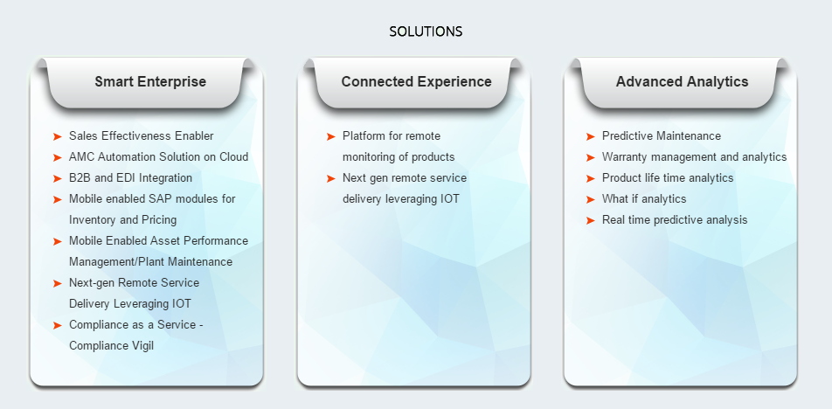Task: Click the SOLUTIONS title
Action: tap(426, 31)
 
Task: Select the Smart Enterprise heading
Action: tap(150, 81)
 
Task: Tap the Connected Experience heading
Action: tap(417, 81)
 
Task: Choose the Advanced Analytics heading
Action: tap(682, 81)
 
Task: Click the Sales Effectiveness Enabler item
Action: tap(142, 136)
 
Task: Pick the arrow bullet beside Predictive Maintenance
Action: tap(591, 137)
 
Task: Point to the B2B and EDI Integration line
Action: tap(130, 178)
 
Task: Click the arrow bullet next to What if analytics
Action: tap(591, 199)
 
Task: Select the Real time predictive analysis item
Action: tap(675, 220)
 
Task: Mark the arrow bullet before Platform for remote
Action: tap(331, 137)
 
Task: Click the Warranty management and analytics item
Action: tap(694, 157)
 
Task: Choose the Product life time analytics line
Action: tap(668, 178)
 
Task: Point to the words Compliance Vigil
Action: tap(112, 346)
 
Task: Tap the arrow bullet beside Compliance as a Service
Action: tap(58, 325)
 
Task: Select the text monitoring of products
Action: tap(399, 157)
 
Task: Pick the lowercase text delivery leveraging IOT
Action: tap(400, 199)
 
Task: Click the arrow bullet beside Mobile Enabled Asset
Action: tap(58, 241)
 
